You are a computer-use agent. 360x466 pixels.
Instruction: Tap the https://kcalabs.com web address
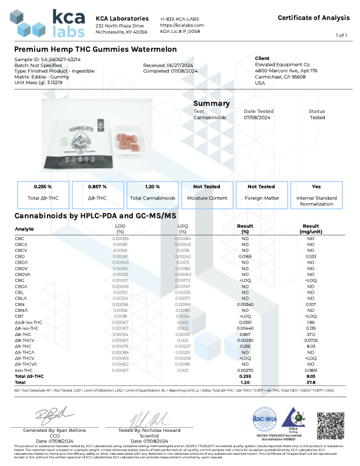click(x=182, y=26)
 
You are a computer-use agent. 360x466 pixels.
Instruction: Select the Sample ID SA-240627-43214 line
click(x=48, y=59)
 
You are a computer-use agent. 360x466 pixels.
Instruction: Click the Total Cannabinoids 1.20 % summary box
click(x=152, y=192)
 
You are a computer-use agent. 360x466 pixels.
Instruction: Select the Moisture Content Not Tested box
click(x=207, y=192)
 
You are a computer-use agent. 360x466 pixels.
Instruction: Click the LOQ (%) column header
click(x=182, y=228)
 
